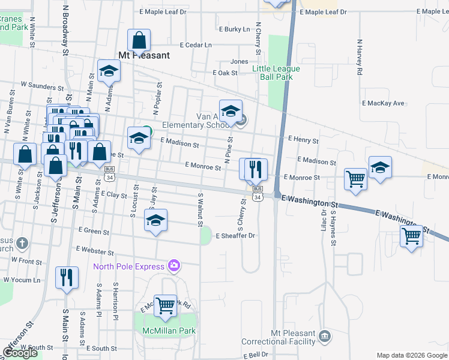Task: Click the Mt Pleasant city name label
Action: pos(144,55)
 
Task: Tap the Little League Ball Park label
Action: pos(276,73)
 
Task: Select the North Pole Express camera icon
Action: pos(174,265)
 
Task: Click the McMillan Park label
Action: pos(169,331)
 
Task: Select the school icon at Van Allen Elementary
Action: pos(231,112)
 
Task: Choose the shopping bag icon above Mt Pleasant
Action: pos(139,41)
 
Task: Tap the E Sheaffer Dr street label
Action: pos(236,236)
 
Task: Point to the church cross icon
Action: pos(22,244)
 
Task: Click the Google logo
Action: pos(20,353)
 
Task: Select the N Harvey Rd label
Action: pos(360,58)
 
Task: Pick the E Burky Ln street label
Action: pos(234,29)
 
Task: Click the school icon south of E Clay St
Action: pos(155,221)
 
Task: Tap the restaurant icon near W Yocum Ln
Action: pos(65,277)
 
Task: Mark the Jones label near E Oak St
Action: pos(240,61)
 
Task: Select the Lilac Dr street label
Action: pos(324,218)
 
